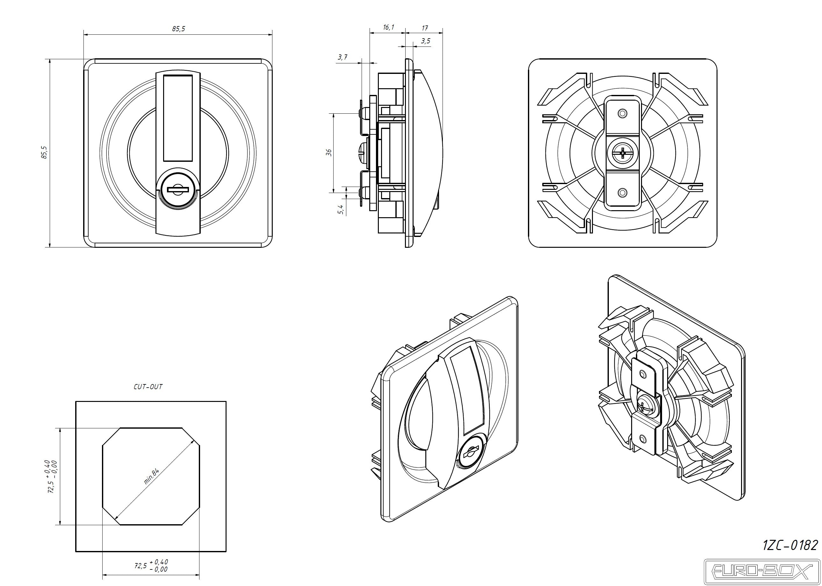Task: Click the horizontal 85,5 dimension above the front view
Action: (x=178, y=29)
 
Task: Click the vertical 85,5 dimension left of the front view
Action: (x=44, y=152)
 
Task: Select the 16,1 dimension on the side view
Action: (x=388, y=27)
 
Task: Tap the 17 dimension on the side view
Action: (x=424, y=28)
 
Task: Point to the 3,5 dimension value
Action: (x=426, y=41)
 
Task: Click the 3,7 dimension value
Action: (x=342, y=57)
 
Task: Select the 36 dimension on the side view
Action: (x=328, y=152)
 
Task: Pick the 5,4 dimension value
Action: (x=340, y=209)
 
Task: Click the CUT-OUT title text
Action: (x=148, y=387)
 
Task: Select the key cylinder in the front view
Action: (x=177, y=189)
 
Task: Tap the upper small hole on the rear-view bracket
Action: (x=622, y=114)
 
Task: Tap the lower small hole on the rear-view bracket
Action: (x=622, y=193)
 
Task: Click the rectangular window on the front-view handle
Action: (x=177, y=118)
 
